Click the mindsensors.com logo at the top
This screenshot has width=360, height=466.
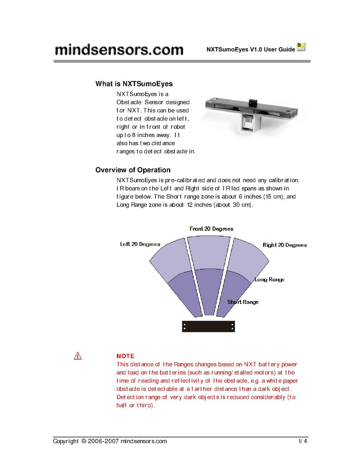(x=119, y=50)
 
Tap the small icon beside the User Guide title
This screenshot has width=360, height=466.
(x=301, y=47)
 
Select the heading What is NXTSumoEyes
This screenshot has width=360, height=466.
(x=134, y=84)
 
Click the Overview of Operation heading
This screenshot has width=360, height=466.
(x=133, y=170)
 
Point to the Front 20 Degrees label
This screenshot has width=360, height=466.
(x=211, y=229)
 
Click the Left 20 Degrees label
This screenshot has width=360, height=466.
(x=140, y=244)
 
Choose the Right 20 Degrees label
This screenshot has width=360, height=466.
(x=285, y=245)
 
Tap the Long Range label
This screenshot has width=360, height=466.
(x=269, y=279)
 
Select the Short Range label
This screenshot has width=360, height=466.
(x=243, y=302)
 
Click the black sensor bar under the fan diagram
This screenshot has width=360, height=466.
(x=208, y=326)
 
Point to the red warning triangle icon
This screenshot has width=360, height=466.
(x=78, y=356)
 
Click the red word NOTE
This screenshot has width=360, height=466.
(x=125, y=356)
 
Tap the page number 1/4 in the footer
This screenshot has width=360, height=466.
(x=303, y=441)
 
